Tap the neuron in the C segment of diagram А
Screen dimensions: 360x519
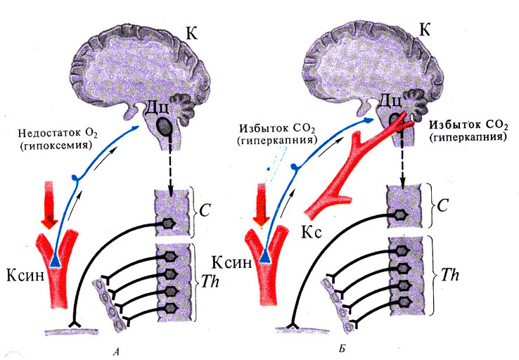click(169, 221)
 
